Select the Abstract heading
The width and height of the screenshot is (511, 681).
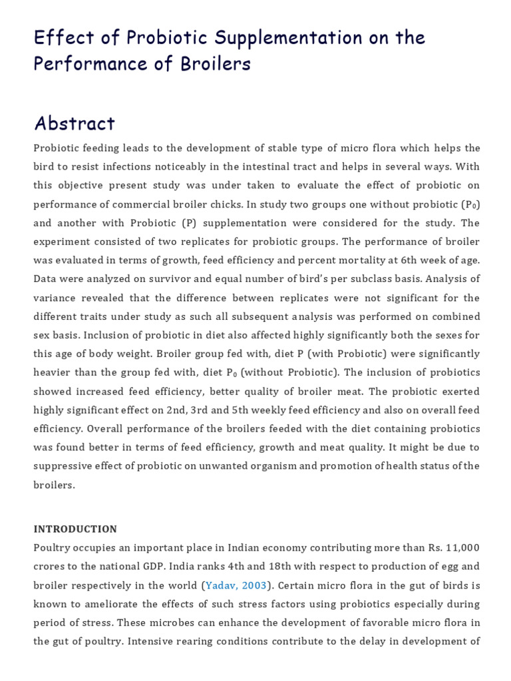[75, 123]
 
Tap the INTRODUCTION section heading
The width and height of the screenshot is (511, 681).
[75, 529]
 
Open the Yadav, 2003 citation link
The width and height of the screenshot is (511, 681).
[236, 585]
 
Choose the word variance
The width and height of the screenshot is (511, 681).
[55, 297]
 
